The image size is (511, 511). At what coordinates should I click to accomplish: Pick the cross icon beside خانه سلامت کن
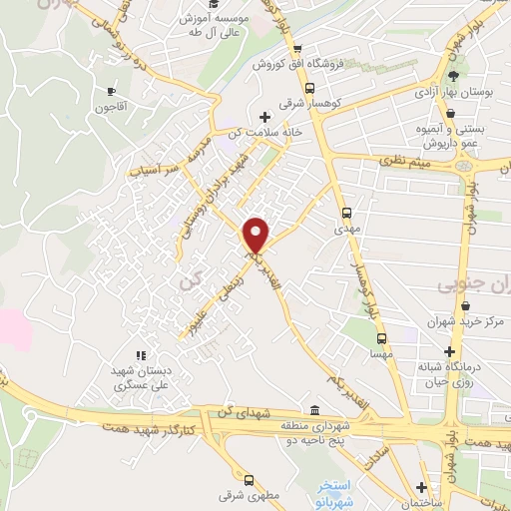coord(264,117)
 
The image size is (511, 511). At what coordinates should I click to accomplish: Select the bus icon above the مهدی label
coord(346,213)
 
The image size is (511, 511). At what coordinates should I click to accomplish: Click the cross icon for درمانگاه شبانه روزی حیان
coord(451,352)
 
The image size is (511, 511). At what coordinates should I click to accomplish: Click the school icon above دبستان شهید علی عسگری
coord(140,354)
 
